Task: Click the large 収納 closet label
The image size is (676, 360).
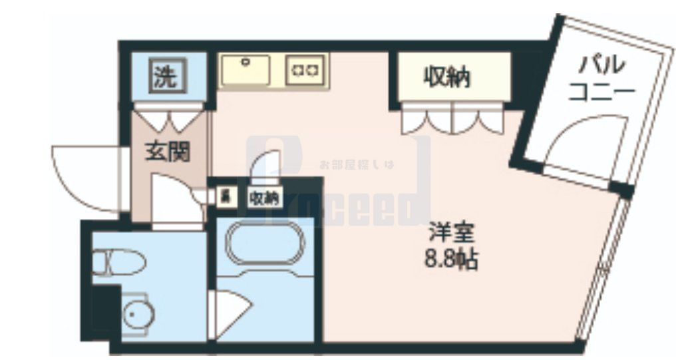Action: [448, 77]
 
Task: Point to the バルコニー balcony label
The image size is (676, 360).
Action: [601, 78]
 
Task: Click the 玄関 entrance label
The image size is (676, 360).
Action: [168, 152]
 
